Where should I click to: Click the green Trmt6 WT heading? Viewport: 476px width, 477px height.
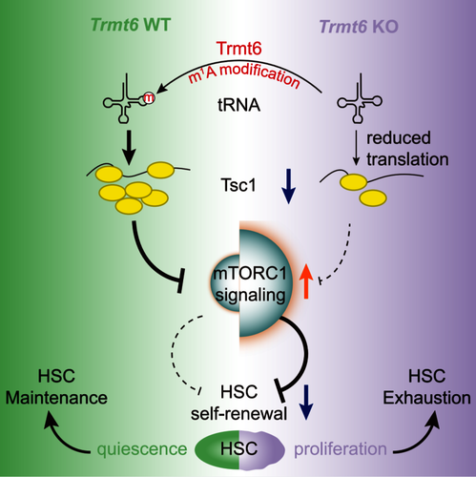tap(131, 25)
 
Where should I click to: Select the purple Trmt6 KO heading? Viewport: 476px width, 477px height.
tap(359, 27)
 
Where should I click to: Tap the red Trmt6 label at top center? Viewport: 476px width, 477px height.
tap(239, 49)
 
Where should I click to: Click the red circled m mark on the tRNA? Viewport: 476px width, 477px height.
tap(149, 98)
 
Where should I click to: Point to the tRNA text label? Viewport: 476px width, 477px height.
tap(239, 105)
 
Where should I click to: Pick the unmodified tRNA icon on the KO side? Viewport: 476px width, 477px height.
tap(360, 98)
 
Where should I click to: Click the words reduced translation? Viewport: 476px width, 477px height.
tap(407, 149)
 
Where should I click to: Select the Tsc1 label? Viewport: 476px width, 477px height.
tap(238, 185)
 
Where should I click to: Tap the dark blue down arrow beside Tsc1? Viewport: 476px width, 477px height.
tap(288, 186)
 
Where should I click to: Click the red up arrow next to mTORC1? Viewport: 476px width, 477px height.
tap(306, 281)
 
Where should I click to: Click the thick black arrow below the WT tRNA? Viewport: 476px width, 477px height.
tap(129, 148)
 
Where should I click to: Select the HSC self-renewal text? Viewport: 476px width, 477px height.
tap(238, 403)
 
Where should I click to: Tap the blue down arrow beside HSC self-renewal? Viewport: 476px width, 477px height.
tap(306, 403)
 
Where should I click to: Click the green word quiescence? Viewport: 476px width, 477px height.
tap(142, 449)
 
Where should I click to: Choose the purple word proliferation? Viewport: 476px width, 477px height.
tap(341, 449)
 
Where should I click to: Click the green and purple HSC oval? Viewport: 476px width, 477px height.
tap(239, 449)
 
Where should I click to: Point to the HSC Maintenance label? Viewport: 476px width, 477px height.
tap(56, 387)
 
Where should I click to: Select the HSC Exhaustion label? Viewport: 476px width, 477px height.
tap(426, 387)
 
